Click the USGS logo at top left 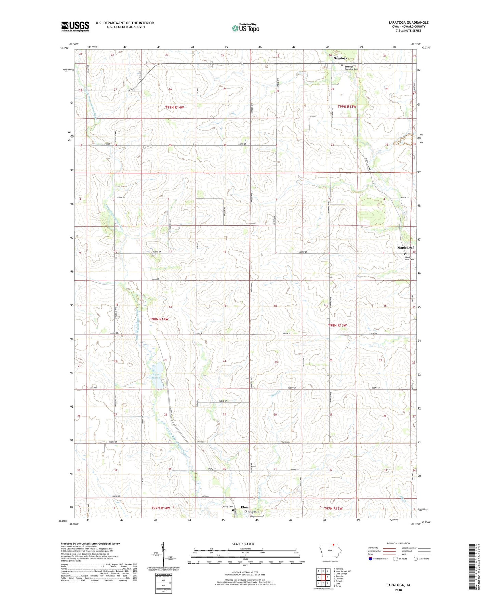pos(75,26)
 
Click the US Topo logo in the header pos(245,28)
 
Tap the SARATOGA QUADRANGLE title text pos(408,23)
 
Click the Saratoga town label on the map pos(340,58)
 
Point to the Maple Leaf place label pos(405,248)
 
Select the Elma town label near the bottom pos(245,507)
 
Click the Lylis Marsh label pos(156,376)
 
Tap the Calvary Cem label pos(227,507)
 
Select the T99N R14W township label pos(174,107)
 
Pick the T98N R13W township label pos(337,325)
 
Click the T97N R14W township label pos(160,508)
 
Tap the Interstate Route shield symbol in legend pos(371,559)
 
